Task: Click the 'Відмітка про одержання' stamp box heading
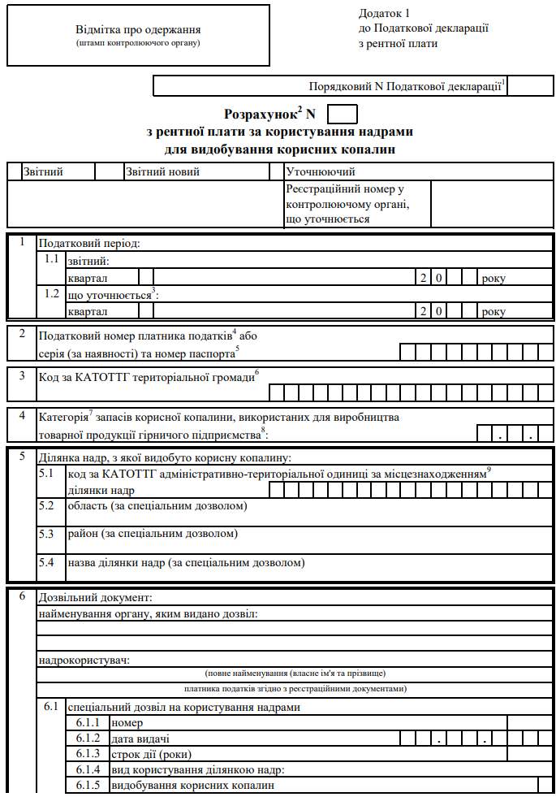[137, 30]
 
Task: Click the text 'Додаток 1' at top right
[385, 14]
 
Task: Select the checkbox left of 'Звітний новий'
[108, 171]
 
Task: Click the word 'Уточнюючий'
[321, 171]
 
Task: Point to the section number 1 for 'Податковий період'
[23, 242]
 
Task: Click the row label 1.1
[52, 260]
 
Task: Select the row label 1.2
[52, 293]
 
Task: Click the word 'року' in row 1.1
[493, 278]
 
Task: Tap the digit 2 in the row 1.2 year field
[423, 311]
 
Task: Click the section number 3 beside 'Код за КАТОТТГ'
[23, 375]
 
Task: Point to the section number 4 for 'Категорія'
[23, 414]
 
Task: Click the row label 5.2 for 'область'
[47, 506]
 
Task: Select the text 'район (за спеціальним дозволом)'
[153, 534]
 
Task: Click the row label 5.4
[47, 561]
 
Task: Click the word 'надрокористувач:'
[84, 659]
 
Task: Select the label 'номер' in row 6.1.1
[127, 723]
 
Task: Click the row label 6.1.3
[88, 754]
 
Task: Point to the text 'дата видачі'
[140, 739]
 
